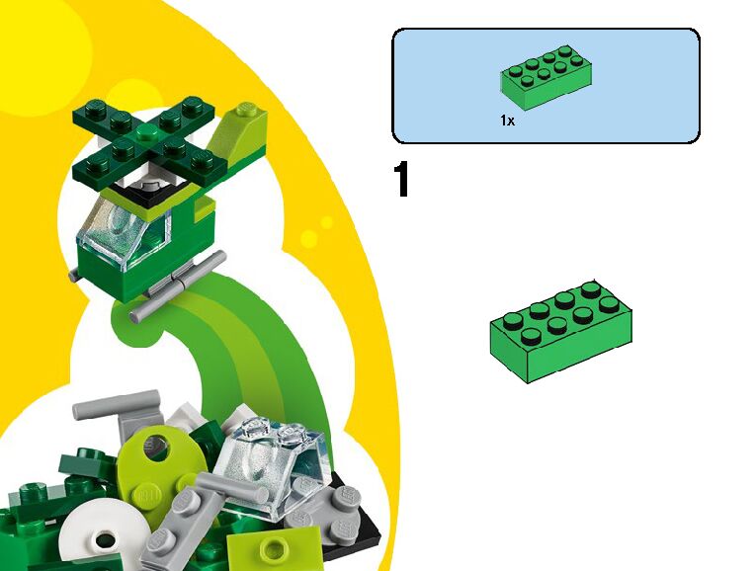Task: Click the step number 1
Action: click(401, 181)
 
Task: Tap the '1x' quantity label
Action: click(507, 122)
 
